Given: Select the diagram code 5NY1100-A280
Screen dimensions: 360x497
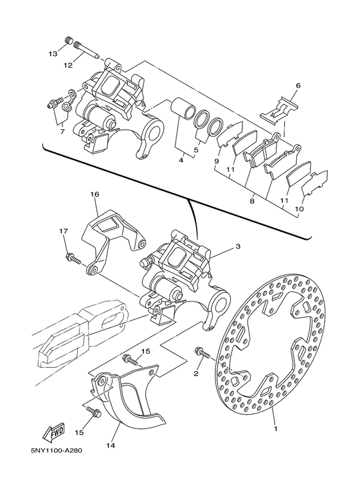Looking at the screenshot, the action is coord(57,451).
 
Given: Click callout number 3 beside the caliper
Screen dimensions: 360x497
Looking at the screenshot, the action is coord(238,246).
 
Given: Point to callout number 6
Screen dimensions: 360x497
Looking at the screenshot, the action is coord(298,86).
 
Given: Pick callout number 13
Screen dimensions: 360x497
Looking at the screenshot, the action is coord(53,53).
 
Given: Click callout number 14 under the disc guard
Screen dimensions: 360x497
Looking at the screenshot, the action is coord(111,446).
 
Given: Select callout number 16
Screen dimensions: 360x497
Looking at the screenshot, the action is coord(94,194).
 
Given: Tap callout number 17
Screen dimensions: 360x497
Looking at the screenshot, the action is coord(64,231).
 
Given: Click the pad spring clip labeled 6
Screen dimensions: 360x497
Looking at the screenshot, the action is coord(280,109).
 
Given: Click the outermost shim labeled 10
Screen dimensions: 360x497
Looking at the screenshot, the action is coord(314,184).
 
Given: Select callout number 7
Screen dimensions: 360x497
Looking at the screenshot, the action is coord(62,131).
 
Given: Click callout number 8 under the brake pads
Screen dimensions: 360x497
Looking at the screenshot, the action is coord(252,201).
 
